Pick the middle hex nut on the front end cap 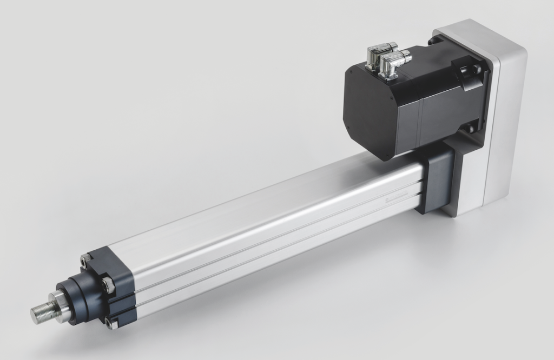[x=107, y=285]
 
